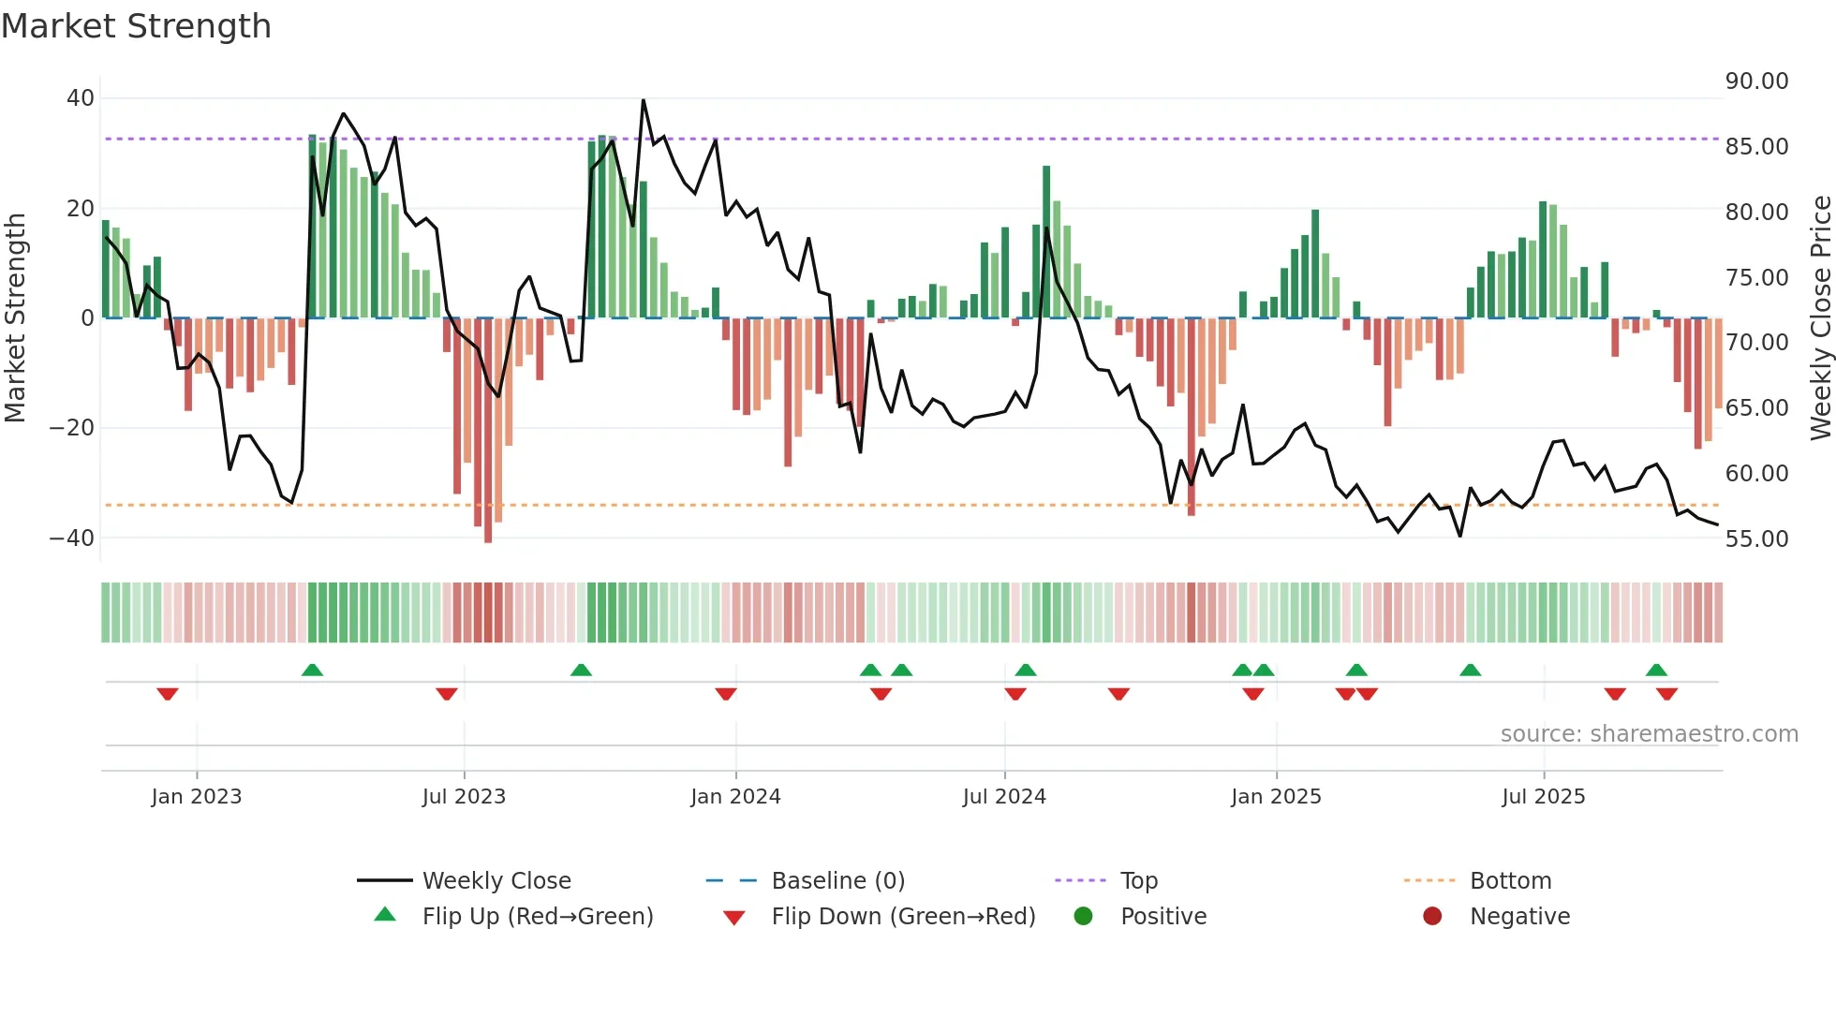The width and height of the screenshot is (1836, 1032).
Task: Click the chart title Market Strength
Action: (x=136, y=26)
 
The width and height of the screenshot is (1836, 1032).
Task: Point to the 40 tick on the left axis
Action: (x=81, y=98)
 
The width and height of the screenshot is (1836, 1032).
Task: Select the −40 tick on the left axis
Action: (x=72, y=538)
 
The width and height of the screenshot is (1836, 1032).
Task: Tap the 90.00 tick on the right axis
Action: (x=1756, y=81)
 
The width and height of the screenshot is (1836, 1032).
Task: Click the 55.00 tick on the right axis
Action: (x=1756, y=539)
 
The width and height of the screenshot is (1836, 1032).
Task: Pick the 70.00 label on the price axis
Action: (x=1756, y=343)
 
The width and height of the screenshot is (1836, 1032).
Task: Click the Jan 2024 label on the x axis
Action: (x=735, y=797)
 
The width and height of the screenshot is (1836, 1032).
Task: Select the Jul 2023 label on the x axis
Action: (x=464, y=797)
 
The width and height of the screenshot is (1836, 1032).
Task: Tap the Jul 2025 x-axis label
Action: (x=1543, y=797)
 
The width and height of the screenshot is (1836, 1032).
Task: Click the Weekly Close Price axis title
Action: (x=1820, y=318)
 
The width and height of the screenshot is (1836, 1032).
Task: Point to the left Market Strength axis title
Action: (x=15, y=318)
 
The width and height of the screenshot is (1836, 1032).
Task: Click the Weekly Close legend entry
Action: (x=496, y=881)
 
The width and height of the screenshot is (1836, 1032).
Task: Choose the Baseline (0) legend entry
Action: (x=837, y=881)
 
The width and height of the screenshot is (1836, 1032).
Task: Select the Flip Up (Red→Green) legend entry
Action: (x=537, y=917)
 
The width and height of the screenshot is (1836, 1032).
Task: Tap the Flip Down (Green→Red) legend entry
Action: (x=903, y=917)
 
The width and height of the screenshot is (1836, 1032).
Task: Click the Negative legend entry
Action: (x=1518, y=917)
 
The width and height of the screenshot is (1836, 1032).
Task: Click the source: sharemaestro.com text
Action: (x=1649, y=734)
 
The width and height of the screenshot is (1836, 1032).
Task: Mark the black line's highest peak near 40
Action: (x=644, y=100)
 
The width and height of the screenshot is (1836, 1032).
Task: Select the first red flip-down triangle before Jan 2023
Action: (x=168, y=694)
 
